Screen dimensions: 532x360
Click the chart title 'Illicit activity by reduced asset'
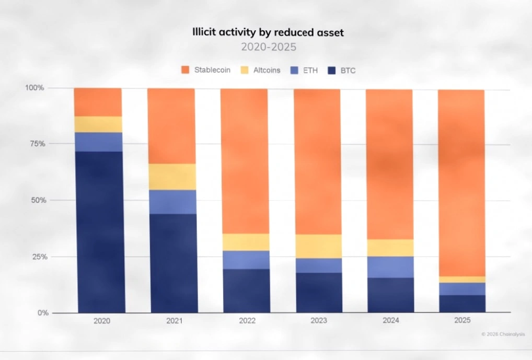tap(268, 32)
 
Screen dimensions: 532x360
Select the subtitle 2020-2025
tap(269, 47)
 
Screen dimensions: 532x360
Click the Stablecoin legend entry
tap(206, 70)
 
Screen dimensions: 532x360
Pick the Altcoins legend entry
tap(261, 70)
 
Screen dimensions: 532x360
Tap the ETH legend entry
tap(304, 71)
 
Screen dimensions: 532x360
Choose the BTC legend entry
tap(342, 71)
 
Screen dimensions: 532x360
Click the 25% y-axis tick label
tap(39, 257)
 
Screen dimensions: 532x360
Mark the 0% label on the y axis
tap(43, 313)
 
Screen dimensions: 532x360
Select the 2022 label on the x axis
tap(247, 321)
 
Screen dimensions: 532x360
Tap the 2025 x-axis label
tap(462, 320)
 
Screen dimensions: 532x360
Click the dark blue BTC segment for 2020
tap(100, 232)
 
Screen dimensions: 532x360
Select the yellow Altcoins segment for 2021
tap(172, 177)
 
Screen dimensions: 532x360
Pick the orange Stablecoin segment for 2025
tap(461, 183)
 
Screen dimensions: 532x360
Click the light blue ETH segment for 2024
tap(390, 267)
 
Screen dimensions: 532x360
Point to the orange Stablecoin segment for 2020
tap(98, 102)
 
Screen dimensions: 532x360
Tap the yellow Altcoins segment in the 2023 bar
tap(319, 246)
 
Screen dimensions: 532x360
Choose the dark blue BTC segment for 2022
tap(247, 291)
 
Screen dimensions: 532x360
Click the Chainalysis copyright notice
tap(503, 334)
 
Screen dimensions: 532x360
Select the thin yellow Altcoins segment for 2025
tap(462, 280)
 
